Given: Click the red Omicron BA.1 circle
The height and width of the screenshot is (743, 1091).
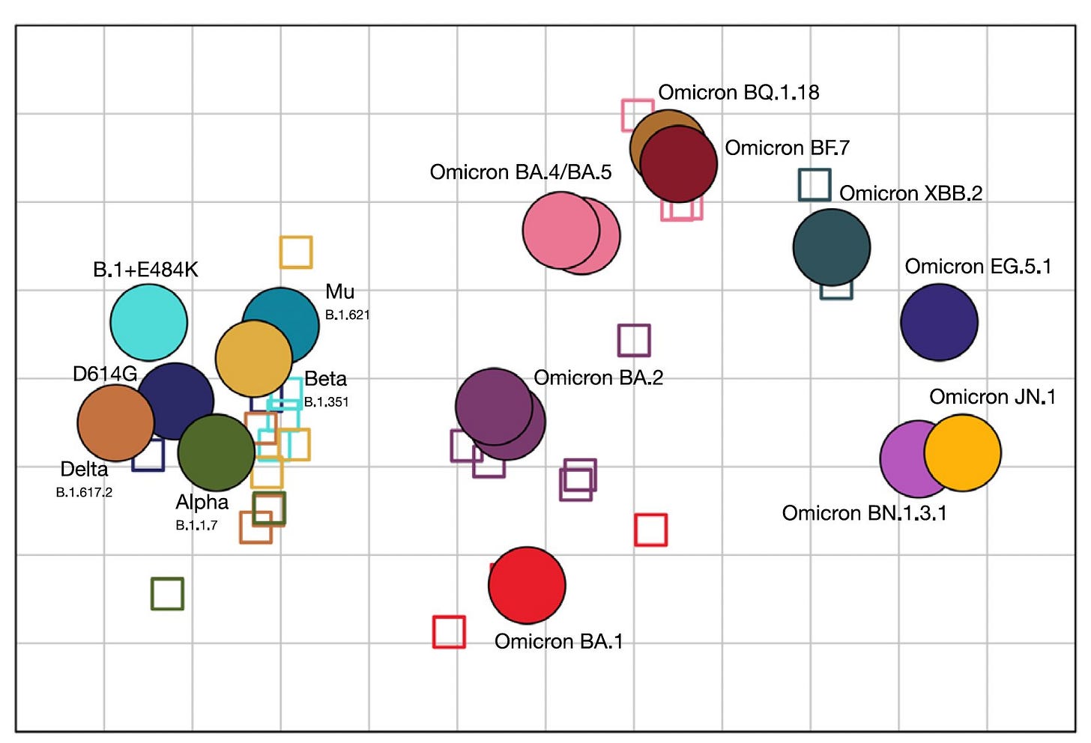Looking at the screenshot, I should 527,585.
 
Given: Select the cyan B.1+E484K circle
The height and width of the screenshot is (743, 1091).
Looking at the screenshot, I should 148,322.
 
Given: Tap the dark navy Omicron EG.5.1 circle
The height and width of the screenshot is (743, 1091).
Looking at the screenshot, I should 939,322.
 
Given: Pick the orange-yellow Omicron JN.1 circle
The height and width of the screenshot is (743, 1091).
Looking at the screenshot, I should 963,452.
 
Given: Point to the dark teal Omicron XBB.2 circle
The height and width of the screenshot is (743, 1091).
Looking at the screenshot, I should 832,247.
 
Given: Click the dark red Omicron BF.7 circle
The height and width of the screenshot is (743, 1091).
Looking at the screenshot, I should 679,164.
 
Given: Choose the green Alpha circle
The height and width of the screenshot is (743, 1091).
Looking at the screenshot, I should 216,452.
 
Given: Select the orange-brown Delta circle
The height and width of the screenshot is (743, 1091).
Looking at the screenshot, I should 115,422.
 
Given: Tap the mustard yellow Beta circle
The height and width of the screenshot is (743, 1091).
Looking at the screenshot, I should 253,358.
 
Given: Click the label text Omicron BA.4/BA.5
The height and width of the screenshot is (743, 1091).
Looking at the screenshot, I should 520,172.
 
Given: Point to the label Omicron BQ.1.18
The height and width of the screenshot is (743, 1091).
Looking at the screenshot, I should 738,93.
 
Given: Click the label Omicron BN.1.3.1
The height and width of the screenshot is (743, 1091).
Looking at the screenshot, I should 864,513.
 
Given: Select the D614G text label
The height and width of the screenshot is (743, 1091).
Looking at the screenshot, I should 105,374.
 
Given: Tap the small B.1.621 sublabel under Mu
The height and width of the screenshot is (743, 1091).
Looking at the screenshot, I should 347,315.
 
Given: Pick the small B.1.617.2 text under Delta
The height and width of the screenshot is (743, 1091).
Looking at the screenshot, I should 84,492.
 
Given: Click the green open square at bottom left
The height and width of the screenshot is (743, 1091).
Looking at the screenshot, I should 167,593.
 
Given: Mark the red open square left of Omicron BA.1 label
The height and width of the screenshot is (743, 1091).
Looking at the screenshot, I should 449,631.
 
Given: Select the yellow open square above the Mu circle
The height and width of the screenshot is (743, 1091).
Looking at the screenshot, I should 296,252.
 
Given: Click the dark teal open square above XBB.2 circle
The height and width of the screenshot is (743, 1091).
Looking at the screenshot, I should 815,184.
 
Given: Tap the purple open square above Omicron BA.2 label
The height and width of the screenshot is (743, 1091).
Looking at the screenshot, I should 634,340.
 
